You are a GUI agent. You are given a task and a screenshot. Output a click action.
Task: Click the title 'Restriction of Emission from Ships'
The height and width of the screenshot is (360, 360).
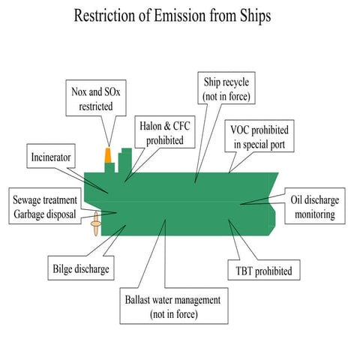point(179,16)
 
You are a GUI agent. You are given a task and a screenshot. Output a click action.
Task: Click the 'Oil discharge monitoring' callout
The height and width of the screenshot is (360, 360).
point(313,207)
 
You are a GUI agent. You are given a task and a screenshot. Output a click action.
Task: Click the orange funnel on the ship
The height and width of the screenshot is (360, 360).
point(109,155)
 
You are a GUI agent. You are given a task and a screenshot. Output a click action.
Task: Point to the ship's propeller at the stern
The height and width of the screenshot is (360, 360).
point(95,223)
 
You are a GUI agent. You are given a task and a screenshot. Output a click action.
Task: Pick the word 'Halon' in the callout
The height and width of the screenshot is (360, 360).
point(151,127)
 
